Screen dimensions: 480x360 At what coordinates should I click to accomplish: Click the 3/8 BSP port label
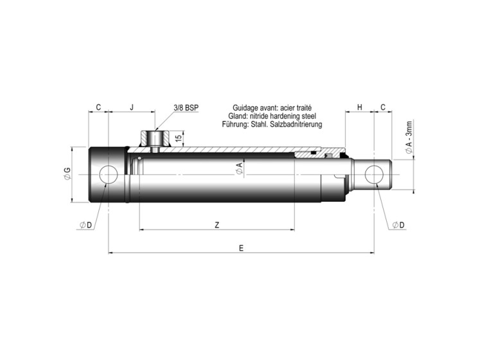tap(186, 108)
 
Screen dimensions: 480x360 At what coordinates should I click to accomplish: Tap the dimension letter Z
tap(217, 225)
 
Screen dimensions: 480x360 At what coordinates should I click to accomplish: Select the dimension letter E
tap(241, 248)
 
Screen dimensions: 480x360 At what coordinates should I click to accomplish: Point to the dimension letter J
tap(132, 107)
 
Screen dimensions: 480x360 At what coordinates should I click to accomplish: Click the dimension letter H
tap(360, 107)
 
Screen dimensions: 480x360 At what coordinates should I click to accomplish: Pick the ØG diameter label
tap(67, 174)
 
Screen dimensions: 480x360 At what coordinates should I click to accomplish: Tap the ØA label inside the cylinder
tap(240, 169)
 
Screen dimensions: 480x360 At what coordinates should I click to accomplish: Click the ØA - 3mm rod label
tap(409, 138)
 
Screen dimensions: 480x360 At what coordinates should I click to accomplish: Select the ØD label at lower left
tap(85, 225)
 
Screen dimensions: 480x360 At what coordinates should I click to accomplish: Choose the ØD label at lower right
tap(398, 225)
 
